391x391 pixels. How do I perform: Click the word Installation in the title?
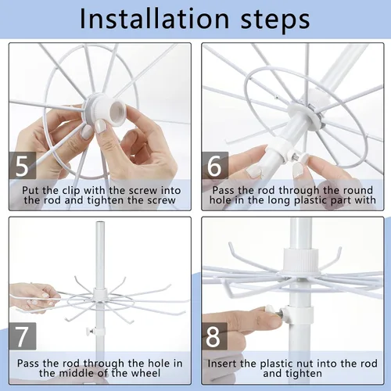[x=154, y=19]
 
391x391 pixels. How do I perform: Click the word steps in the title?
[x=275, y=20]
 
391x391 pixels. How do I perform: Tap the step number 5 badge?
[x=23, y=166]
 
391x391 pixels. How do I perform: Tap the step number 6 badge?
[x=215, y=166]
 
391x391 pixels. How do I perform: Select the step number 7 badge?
[x=23, y=336]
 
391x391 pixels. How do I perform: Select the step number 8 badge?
[x=214, y=336]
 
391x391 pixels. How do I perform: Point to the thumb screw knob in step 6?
[x=303, y=157]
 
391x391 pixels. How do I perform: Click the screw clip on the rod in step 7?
[x=95, y=332]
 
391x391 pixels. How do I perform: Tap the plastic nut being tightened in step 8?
[x=271, y=310]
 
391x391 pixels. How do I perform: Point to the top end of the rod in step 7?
[x=100, y=223]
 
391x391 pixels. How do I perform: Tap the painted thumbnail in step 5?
[x=101, y=127]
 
